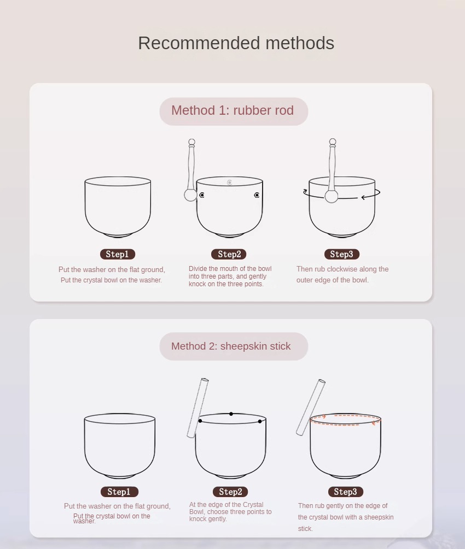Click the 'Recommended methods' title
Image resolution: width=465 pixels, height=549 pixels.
(x=236, y=43)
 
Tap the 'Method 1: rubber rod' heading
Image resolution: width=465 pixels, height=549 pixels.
(x=233, y=110)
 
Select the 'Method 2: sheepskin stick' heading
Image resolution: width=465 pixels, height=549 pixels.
(x=231, y=346)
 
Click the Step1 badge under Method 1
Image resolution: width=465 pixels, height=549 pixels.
(x=118, y=254)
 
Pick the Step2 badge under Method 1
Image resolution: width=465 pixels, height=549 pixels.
(x=229, y=254)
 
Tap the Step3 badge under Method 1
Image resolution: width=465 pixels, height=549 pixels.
(x=342, y=254)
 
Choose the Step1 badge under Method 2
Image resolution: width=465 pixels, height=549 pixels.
(x=119, y=492)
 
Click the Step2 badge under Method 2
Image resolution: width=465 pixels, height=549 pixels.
(x=230, y=492)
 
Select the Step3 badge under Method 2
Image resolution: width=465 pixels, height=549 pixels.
(x=345, y=492)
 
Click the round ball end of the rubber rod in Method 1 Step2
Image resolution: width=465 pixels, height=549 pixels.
(x=190, y=195)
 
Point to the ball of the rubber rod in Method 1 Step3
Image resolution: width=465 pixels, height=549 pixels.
(x=332, y=197)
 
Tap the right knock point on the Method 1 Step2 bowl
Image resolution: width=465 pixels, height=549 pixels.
(x=257, y=195)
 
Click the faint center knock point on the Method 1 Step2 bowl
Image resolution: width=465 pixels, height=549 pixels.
(x=229, y=182)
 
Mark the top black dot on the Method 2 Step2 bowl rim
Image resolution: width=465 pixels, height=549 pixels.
(x=231, y=414)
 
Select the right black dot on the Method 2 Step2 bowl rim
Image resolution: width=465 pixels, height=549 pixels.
(x=260, y=421)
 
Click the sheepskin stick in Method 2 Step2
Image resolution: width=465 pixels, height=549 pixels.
(x=198, y=408)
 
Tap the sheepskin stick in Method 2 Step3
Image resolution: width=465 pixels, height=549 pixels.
(x=311, y=408)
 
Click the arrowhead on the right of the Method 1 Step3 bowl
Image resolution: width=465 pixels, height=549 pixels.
(x=364, y=197)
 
